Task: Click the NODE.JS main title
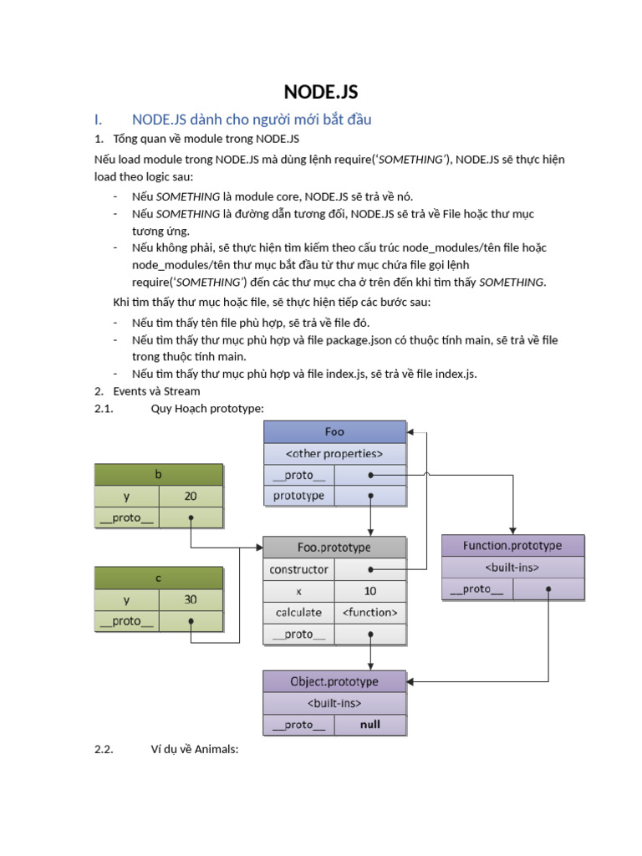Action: point(321,92)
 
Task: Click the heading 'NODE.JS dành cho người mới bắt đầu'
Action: point(252,120)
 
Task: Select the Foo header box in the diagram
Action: point(334,432)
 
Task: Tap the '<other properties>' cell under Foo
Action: point(334,454)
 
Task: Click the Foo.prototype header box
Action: point(334,548)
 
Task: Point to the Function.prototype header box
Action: point(512,546)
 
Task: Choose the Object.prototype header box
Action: point(334,681)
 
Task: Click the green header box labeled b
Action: point(159,474)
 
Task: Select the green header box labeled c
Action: point(159,578)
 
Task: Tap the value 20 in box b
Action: point(191,496)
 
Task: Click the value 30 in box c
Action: point(191,599)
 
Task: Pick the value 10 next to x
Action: point(370,591)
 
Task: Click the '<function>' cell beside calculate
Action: point(370,613)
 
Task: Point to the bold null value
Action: point(370,725)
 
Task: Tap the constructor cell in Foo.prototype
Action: point(299,569)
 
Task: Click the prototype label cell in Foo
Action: point(299,496)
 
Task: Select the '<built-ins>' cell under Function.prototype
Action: point(512,568)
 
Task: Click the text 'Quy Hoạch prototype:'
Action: point(207,408)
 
